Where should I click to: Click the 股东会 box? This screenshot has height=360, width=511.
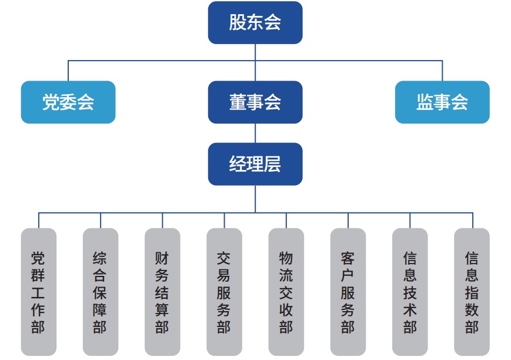[x=255, y=22]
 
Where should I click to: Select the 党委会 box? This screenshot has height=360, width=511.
[x=68, y=102]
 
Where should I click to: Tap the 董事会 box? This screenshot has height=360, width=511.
[x=255, y=102]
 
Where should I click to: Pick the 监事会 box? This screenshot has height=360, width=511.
[x=442, y=102]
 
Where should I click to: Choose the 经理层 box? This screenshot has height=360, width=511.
[x=255, y=164]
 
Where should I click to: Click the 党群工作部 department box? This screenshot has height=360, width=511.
[x=38, y=292]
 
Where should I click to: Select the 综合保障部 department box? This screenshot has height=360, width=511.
[x=101, y=292]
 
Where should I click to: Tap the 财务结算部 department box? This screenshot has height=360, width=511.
[x=162, y=292]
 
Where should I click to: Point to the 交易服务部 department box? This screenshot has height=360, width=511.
[x=224, y=292]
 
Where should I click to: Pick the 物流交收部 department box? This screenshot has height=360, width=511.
[x=286, y=292]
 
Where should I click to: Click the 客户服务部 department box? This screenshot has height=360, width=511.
[x=348, y=292]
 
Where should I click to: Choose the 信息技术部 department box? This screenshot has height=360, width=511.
[x=410, y=292]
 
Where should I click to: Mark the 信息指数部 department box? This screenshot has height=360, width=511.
[x=472, y=292]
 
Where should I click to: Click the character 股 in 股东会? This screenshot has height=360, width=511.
[x=238, y=22]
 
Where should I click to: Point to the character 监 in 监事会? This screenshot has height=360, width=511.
[x=425, y=102]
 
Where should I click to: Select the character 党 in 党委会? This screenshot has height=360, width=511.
[x=51, y=102]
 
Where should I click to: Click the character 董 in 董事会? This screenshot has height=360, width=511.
[x=238, y=102]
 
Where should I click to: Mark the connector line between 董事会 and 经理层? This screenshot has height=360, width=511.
[x=255, y=133]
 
